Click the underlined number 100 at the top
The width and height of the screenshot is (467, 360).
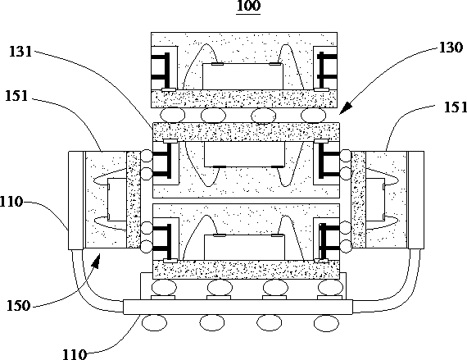click(248, 6)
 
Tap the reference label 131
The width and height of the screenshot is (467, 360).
click(20, 52)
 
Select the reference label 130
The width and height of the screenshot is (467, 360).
click(451, 48)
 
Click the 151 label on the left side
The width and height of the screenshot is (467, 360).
click(16, 96)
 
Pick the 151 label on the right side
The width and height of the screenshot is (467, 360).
click(456, 107)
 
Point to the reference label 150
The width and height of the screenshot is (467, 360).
click(19, 306)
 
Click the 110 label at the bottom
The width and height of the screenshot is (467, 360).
click(75, 354)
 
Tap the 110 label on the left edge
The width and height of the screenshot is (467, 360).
click(11, 202)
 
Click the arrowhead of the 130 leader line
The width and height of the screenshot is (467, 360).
click(346, 108)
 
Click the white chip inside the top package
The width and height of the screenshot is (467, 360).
click(243, 76)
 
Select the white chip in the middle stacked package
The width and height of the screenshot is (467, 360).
click(244, 154)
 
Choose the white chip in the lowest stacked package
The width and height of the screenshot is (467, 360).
click(244, 248)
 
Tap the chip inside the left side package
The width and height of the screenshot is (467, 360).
click(116, 199)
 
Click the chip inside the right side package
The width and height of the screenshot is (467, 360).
click(375, 199)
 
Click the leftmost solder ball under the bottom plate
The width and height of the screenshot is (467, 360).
click(154, 323)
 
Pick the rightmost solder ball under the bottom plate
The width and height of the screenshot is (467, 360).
click(326, 323)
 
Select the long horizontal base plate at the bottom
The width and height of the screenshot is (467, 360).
click(238, 307)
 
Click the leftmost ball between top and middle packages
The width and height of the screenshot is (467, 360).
click(172, 115)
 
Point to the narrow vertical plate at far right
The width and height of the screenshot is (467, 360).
click(416, 200)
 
